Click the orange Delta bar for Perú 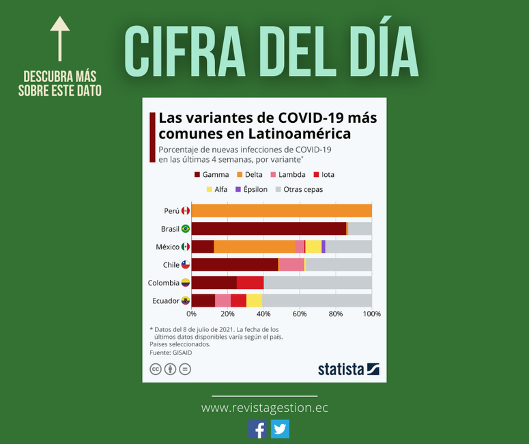[282, 210]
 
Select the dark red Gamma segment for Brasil [269, 229]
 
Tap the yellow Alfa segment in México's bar [313, 247]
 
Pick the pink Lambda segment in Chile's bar [292, 265]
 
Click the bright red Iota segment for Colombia [250, 283]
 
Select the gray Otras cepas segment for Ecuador [317, 301]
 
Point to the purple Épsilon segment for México [324, 247]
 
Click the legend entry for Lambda [288, 175]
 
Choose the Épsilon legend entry [251, 189]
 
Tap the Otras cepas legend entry [299, 189]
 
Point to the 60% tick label [300, 314]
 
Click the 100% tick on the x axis [372, 314]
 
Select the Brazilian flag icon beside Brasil [186, 229]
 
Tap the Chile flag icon [186, 265]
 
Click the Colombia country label [164, 283]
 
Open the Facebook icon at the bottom [257, 429]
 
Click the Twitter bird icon [280, 429]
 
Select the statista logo [349, 369]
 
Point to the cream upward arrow [60, 39]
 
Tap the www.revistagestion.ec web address [265, 408]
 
